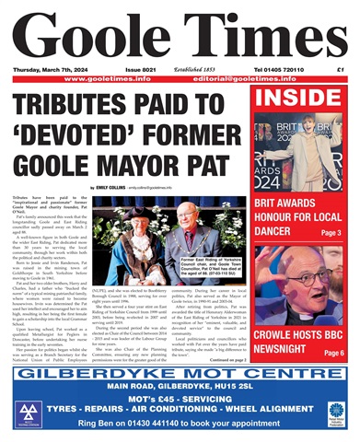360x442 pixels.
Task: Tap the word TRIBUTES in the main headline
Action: coord(71,104)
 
